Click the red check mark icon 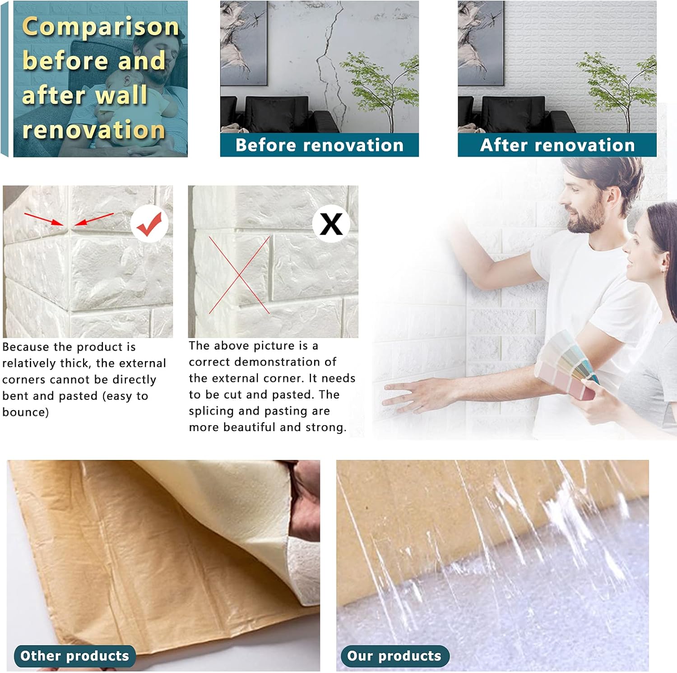(x=149, y=223)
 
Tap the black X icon (x=331, y=223)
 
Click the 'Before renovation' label (x=319, y=145)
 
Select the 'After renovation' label (x=557, y=145)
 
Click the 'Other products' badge (x=74, y=656)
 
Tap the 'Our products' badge (x=394, y=656)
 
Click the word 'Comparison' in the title (x=101, y=27)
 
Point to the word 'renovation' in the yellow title (x=94, y=130)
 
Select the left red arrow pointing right (x=44, y=219)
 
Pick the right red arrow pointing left (x=94, y=219)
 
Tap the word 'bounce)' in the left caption (x=25, y=412)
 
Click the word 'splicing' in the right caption (x=210, y=411)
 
